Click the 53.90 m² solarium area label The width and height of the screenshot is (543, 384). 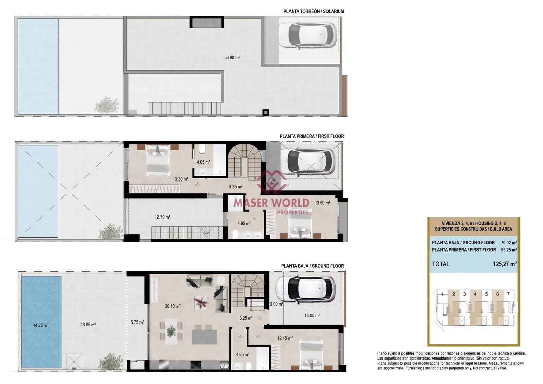click(232, 58)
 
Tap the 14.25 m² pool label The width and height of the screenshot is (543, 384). click(40, 325)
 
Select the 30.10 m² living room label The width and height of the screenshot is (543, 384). click(172, 306)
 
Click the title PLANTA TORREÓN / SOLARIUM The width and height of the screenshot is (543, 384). click(314, 11)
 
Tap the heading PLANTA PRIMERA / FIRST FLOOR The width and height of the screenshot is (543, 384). click(312, 136)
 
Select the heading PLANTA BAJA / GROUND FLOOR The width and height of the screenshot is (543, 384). click(312, 266)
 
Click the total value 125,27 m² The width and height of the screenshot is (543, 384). click(504, 264)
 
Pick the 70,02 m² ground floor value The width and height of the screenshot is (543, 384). click(508, 243)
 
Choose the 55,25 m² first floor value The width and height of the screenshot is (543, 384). click(508, 250)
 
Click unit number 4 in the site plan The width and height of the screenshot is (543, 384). click(475, 294)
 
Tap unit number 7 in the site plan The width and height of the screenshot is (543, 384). click(508, 294)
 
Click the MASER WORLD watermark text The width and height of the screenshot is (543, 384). click(271, 203)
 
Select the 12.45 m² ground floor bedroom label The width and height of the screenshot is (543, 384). click(285, 338)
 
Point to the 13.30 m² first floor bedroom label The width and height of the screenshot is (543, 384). click(180, 179)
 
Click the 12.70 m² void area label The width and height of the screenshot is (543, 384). click(162, 217)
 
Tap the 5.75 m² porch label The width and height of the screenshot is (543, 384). click(137, 322)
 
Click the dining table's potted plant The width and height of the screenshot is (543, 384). click(171, 331)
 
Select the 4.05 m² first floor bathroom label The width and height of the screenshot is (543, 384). click(203, 162)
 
